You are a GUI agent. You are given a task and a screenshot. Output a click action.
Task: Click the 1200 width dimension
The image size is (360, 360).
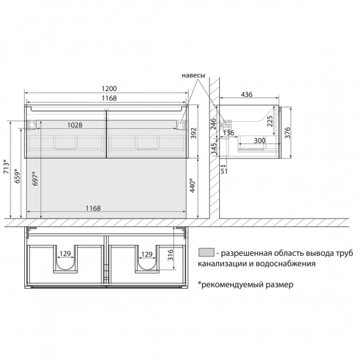coord(109,88)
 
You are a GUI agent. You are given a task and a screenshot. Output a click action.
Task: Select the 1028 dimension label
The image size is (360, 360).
coord(75,125)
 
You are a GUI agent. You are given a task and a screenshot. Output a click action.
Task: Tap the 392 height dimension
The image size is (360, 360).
coord(194,133)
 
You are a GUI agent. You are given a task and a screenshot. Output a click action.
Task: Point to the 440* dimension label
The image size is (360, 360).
coord(192,185)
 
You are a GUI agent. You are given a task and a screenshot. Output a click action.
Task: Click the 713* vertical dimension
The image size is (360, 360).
coord(7,166)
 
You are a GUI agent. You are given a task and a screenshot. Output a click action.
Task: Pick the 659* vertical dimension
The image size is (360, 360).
coord(17,176)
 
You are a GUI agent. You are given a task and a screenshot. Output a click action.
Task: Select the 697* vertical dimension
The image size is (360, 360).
coord(35,179)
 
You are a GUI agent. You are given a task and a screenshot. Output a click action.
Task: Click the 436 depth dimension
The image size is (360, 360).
coord(247,94)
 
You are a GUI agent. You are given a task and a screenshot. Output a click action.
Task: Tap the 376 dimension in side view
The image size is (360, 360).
coord(287,133)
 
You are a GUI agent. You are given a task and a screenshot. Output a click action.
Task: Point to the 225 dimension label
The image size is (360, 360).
coord(270,121)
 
